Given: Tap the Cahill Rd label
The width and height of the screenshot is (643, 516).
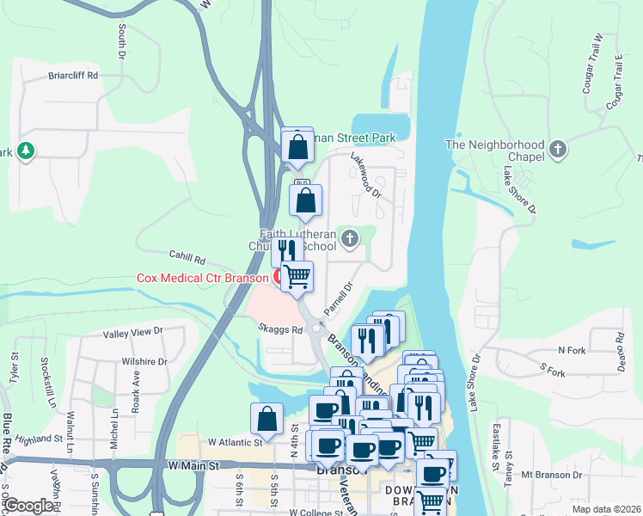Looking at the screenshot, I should click(x=188, y=259).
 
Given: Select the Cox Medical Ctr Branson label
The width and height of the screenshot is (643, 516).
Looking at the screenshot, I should click(x=203, y=278).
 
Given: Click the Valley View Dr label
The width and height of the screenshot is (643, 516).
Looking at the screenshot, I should click(x=132, y=332).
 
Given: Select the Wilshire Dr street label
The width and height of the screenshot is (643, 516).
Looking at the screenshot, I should click(x=144, y=362).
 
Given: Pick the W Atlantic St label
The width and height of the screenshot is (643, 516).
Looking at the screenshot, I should click(x=235, y=442).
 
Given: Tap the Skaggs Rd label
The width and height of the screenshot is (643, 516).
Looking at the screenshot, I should click(x=280, y=329).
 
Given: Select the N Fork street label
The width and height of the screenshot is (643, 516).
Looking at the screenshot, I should click(x=572, y=350).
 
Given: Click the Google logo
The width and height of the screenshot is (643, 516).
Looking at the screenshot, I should click(x=28, y=506).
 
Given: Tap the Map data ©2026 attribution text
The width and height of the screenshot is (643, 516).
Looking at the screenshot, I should click(x=605, y=509).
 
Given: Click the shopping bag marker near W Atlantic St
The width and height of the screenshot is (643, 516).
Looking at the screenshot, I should click(x=267, y=419).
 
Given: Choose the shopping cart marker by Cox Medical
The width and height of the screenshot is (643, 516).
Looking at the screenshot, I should click(x=297, y=276).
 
